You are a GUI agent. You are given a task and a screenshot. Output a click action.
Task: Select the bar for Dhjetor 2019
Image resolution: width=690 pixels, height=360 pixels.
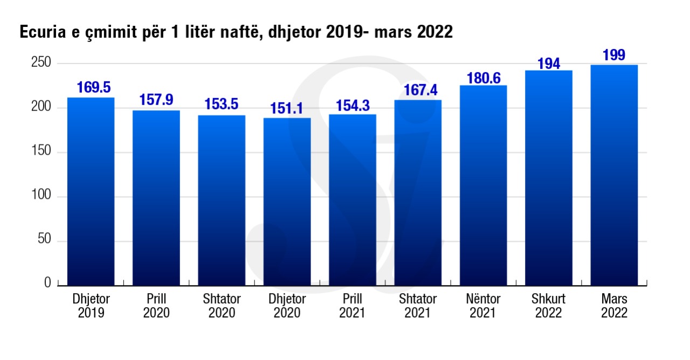click(91, 191)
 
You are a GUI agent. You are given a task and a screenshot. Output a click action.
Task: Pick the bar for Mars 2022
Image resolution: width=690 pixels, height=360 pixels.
click(614, 175)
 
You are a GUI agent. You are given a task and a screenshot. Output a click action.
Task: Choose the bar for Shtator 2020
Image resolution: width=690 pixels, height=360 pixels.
click(222, 200)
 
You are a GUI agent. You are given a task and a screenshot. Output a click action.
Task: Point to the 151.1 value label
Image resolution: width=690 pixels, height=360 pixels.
click(287, 108)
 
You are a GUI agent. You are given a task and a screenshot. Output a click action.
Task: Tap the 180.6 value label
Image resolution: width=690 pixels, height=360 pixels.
click(483, 76)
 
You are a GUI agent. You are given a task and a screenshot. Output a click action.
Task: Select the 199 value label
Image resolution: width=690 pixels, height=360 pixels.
click(614, 56)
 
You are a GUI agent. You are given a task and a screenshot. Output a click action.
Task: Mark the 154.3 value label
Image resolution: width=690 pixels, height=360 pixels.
click(353, 105)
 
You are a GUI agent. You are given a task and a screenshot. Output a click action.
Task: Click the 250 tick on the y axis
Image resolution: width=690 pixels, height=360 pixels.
click(40, 64)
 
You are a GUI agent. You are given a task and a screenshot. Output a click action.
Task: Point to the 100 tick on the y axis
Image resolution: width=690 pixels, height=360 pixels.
click(40, 196)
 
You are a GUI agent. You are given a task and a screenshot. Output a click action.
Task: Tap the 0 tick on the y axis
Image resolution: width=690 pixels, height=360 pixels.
click(47, 284)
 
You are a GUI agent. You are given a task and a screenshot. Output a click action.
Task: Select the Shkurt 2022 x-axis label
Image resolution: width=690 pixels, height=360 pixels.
click(549, 306)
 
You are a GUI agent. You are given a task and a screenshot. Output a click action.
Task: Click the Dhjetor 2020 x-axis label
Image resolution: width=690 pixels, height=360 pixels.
click(287, 306)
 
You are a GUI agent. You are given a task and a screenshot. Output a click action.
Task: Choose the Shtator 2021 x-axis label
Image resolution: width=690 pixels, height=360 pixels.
click(418, 306)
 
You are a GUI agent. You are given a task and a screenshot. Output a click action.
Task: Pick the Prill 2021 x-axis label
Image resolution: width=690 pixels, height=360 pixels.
click(353, 306)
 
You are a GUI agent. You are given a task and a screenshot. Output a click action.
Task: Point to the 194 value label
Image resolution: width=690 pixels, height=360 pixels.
click(549, 64)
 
